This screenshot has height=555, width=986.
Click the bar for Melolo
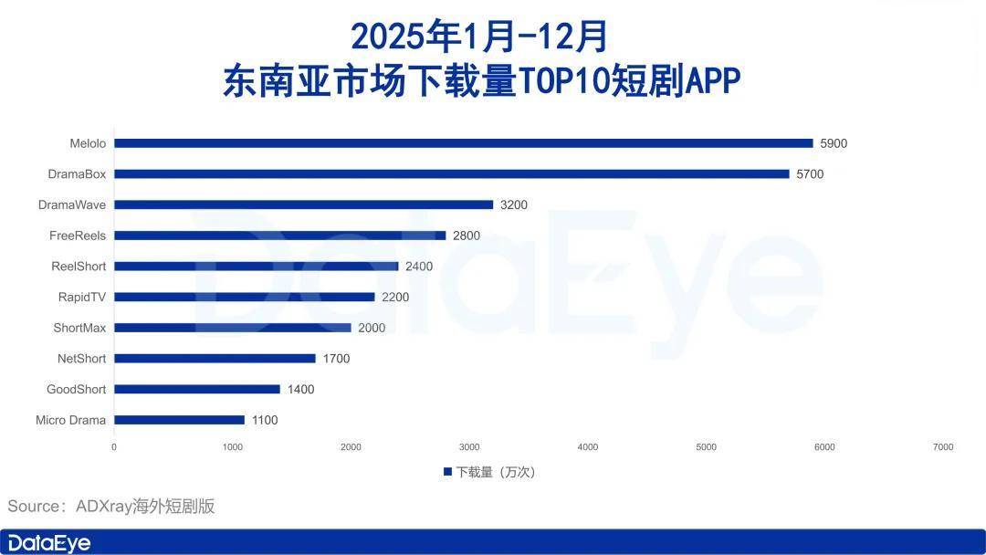[x=463, y=143]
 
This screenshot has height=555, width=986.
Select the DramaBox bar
[x=451, y=174]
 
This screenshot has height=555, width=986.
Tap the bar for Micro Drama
[x=179, y=420]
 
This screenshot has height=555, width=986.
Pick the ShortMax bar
[x=232, y=328]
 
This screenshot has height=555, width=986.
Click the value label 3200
[x=514, y=205]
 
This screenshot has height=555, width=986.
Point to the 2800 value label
[x=467, y=236]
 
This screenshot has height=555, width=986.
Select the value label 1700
[x=336, y=359]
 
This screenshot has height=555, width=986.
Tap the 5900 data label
[x=834, y=143]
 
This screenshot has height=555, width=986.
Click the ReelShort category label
[x=79, y=267]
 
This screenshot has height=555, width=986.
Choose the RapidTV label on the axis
[x=81, y=297]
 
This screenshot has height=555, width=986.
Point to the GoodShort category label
[x=76, y=390]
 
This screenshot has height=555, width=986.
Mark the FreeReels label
[x=78, y=236]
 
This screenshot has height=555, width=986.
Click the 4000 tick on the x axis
[x=588, y=447]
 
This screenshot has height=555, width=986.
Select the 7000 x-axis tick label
[x=943, y=447]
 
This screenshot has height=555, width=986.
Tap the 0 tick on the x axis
[x=114, y=447]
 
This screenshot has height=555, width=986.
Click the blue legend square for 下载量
[x=447, y=472]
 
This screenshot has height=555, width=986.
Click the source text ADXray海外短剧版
[x=144, y=507]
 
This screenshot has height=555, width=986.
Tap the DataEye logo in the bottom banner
[x=46, y=543]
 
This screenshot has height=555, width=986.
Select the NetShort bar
[x=215, y=359]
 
